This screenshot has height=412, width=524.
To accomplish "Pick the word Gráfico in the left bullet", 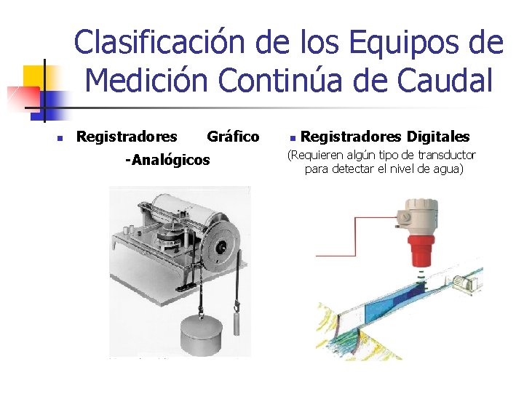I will [x=233, y=137].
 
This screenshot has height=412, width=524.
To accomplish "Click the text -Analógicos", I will [x=167, y=160].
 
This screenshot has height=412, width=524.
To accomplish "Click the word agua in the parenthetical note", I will [x=448, y=169].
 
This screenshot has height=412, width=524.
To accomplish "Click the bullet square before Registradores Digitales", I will [x=290, y=137].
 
